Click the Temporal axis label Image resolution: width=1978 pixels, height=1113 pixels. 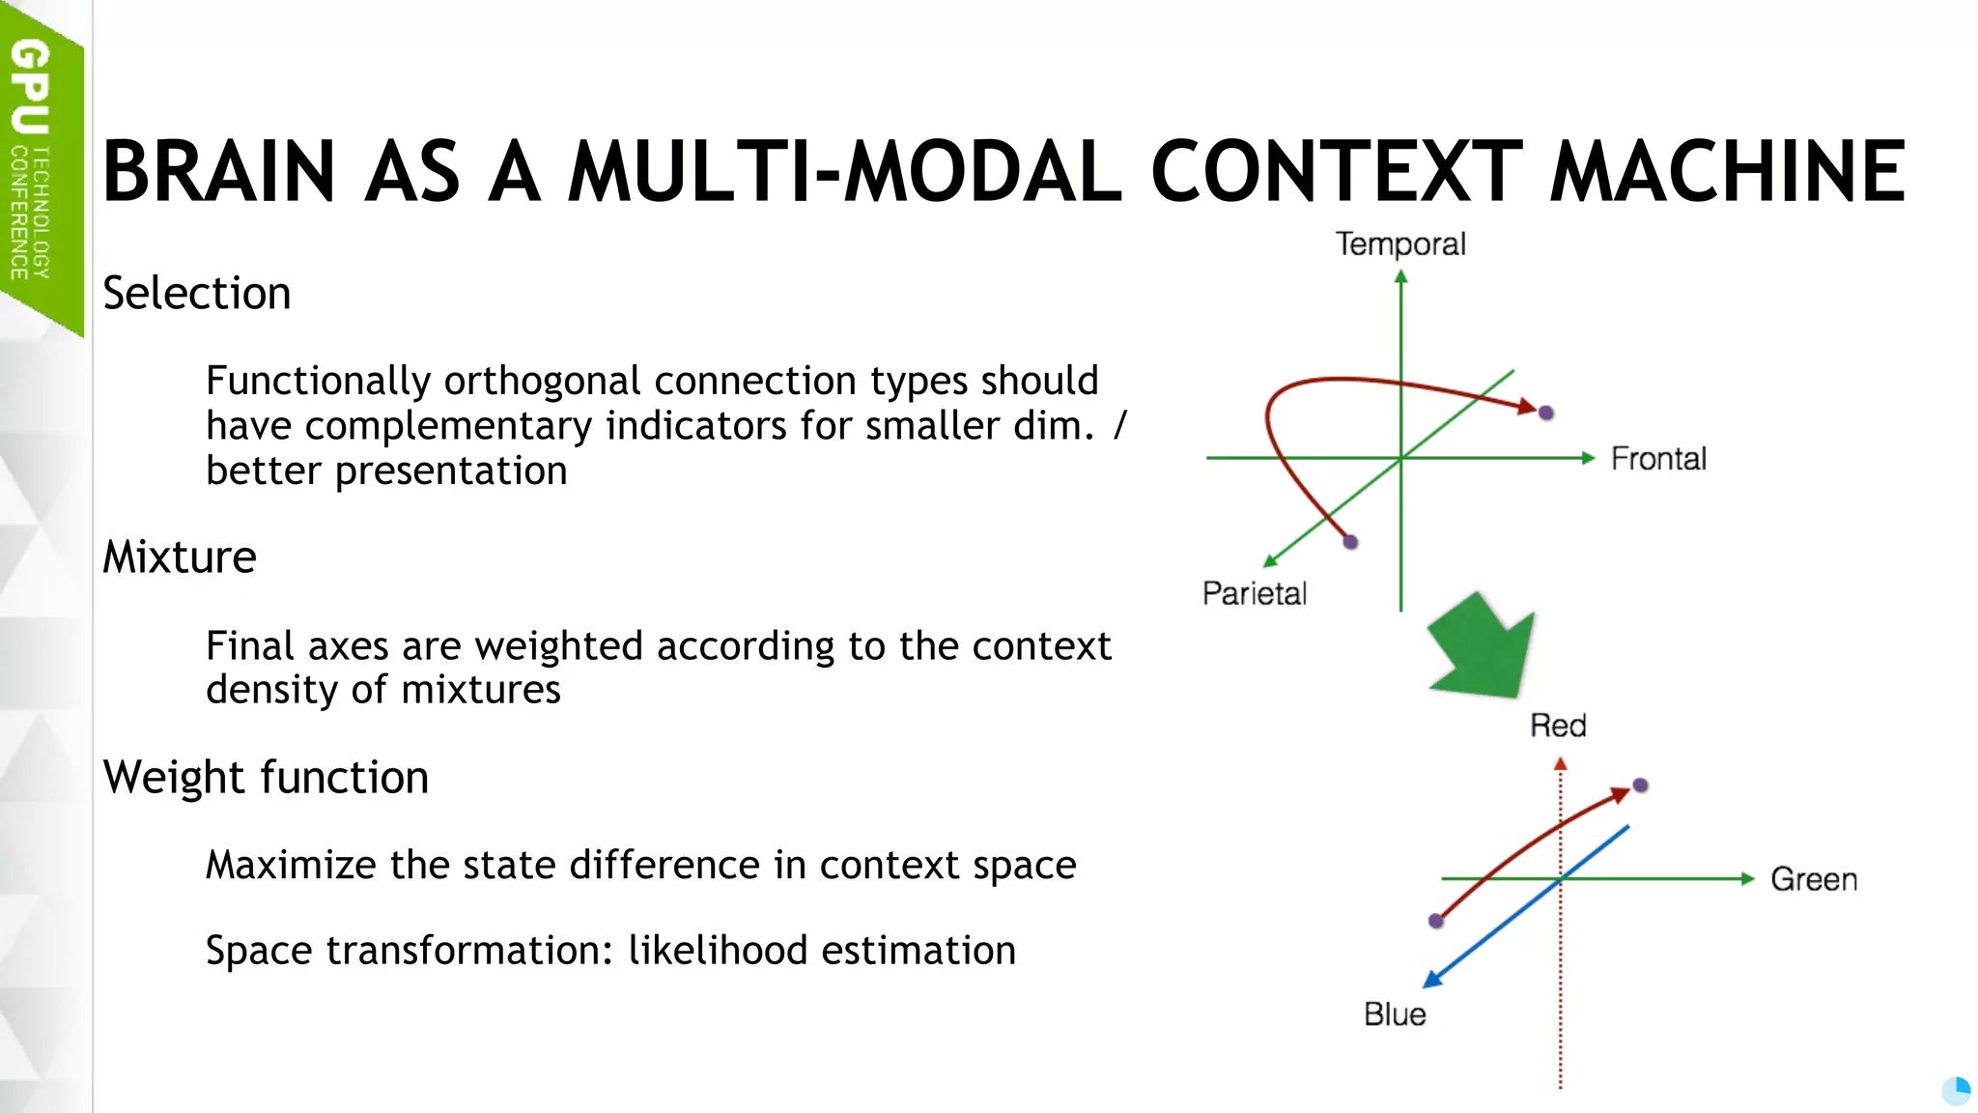[1400, 244]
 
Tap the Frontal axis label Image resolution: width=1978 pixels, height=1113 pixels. [1658, 459]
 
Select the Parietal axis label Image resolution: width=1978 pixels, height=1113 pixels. [1254, 593]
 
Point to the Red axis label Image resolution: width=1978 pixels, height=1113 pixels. [1558, 726]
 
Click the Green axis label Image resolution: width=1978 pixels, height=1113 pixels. [1814, 879]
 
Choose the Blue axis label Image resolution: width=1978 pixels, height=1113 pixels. [1395, 1014]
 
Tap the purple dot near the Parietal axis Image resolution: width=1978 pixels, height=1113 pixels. [1350, 542]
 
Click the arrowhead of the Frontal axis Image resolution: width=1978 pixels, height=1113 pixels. [1588, 458]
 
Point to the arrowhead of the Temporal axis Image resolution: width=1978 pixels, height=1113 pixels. [1401, 277]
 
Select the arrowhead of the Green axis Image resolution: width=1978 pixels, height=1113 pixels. [1747, 878]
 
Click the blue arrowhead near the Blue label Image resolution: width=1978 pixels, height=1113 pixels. [1432, 980]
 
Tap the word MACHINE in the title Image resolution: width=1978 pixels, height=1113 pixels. [1728, 172]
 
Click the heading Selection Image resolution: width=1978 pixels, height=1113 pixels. [197, 294]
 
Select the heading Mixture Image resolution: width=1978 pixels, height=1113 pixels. [180, 557]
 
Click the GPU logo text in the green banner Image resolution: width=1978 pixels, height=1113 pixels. [30, 87]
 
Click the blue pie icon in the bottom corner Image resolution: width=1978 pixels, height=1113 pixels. [1956, 1091]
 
